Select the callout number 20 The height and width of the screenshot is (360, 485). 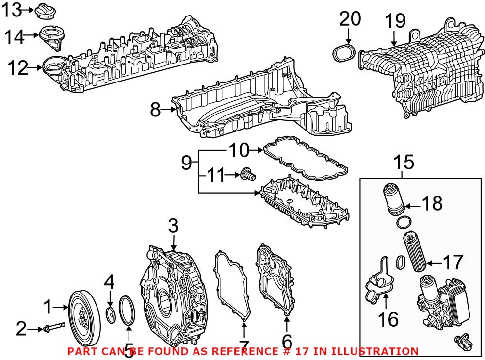pos(350,19)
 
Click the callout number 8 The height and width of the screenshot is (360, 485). pos(155,110)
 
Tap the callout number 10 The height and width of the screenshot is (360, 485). pos(238,151)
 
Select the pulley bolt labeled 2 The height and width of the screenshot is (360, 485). pos(54,330)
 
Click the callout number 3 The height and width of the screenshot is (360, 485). pos(173,226)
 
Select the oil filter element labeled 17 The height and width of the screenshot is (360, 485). pos(415,252)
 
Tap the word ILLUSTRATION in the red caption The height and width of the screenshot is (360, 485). pos(374,351)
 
